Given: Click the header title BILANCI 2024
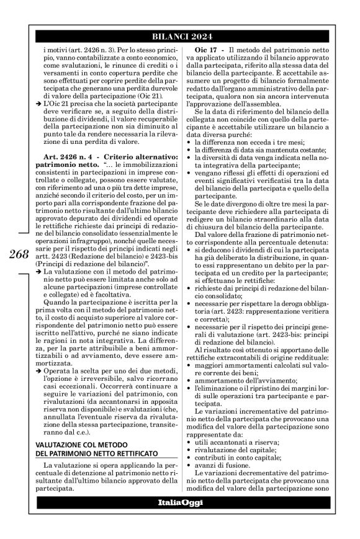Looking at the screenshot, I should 180,35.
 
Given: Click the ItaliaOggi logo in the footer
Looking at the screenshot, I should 179,514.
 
